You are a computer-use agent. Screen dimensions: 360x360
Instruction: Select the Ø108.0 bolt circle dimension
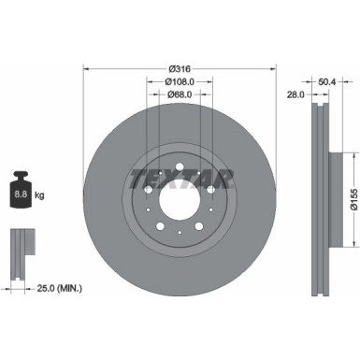coord(180,79)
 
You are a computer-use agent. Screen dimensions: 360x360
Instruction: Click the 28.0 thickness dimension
coord(296,94)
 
